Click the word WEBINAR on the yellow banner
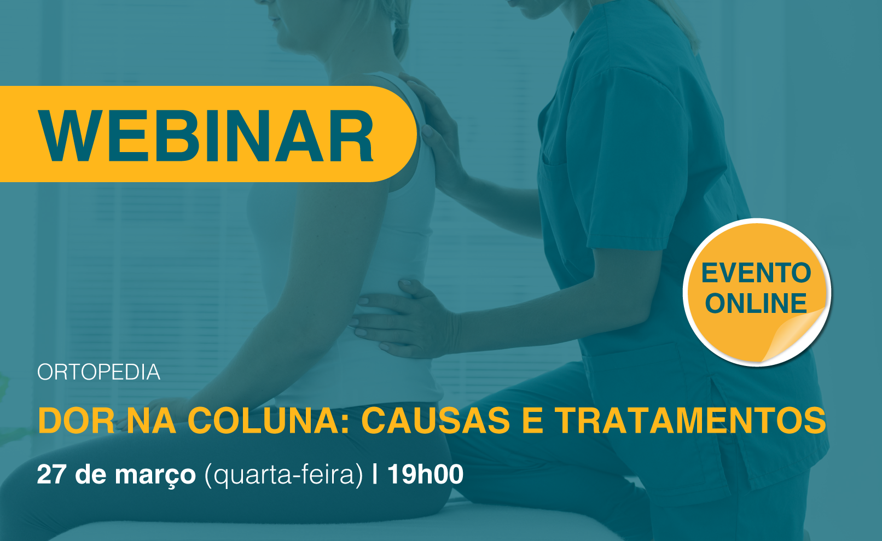pyautogui.click(x=206, y=136)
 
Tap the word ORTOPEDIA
pyautogui.click(x=99, y=372)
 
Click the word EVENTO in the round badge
pyautogui.click(x=756, y=273)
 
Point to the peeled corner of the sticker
pyautogui.click(x=796, y=335)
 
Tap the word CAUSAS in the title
pyautogui.click(x=436, y=421)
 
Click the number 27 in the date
pyautogui.click(x=51, y=474)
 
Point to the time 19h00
pyautogui.click(x=426, y=474)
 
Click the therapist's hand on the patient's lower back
pyautogui.click(x=405, y=319)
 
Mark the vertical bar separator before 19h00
pyautogui.click(x=375, y=474)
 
